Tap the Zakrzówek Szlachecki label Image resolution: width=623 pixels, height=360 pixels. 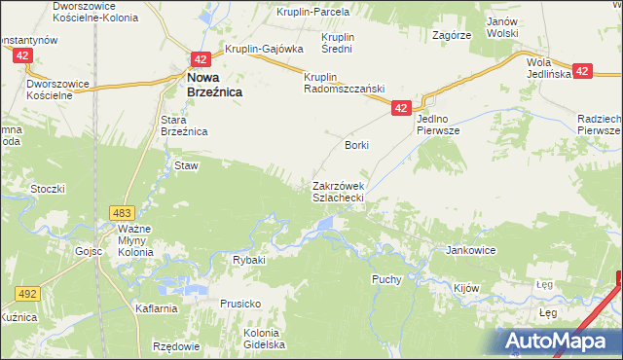pos(338,191)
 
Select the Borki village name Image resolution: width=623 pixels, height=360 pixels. pos(357,145)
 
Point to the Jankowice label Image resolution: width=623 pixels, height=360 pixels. pos(471,250)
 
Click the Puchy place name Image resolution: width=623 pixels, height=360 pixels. pos(387,279)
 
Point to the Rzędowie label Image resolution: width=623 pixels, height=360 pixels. pos(175,346)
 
